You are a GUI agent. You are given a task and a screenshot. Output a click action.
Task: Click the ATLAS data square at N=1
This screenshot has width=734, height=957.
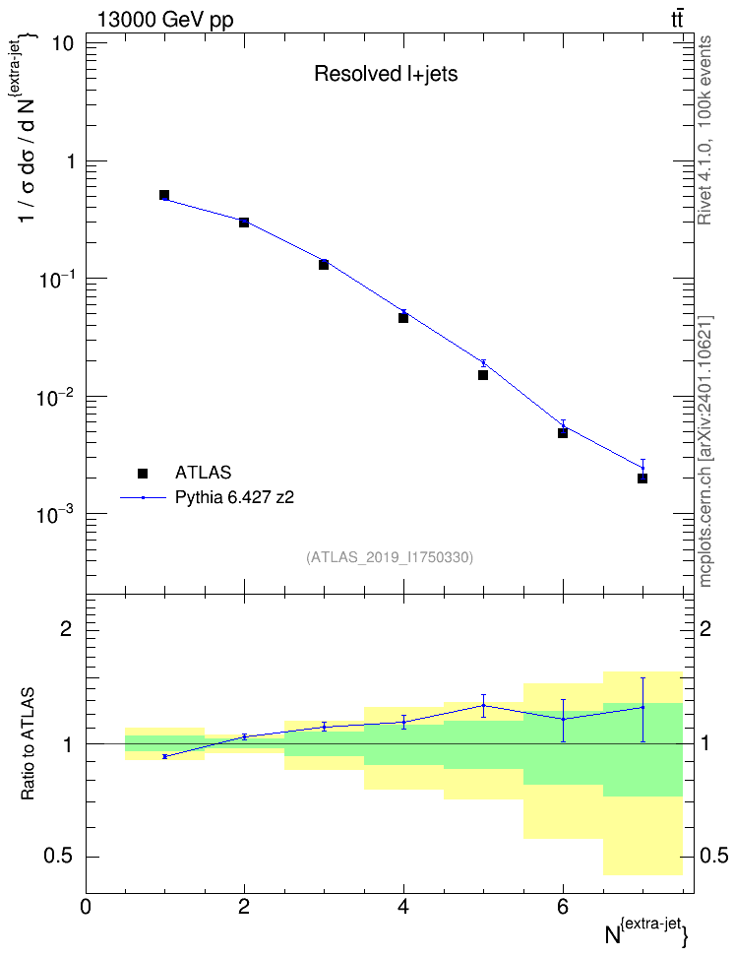(x=164, y=195)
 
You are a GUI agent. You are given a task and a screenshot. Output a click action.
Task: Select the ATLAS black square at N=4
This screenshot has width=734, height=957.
(x=403, y=318)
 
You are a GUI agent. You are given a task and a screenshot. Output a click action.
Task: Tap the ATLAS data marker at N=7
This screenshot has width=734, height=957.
(x=642, y=478)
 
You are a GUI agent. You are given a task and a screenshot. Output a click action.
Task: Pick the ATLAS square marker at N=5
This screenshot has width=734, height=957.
(x=483, y=375)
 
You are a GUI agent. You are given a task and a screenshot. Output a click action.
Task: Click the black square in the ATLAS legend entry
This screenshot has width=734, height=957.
(x=143, y=473)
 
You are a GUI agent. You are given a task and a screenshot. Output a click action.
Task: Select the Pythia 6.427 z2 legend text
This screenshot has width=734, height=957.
(x=234, y=497)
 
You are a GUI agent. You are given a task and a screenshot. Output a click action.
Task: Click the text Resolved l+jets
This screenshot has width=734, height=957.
(x=386, y=74)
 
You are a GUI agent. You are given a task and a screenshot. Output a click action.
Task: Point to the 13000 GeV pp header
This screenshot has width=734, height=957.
(x=165, y=20)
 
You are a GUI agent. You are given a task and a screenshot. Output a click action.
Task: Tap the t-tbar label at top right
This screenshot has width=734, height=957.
(x=677, y=20)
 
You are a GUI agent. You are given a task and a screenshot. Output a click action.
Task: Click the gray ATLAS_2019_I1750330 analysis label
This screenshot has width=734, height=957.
(x=390, y=557)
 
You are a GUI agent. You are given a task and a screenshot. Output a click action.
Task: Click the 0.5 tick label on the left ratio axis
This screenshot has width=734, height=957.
(x=58, y=857)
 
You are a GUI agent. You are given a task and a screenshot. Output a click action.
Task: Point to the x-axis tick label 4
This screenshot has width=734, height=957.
(x=403, y=907)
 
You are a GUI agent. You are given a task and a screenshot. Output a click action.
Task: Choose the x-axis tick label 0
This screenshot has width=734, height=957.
(x=86, y=907)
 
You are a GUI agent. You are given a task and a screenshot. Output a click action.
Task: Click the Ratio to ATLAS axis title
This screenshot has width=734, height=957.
(x=28, y=744)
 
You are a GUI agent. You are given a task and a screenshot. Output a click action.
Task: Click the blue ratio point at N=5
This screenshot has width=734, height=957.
(x=483, y=706)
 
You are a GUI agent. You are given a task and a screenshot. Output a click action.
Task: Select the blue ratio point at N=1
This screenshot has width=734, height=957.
(x=164, y=756)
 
